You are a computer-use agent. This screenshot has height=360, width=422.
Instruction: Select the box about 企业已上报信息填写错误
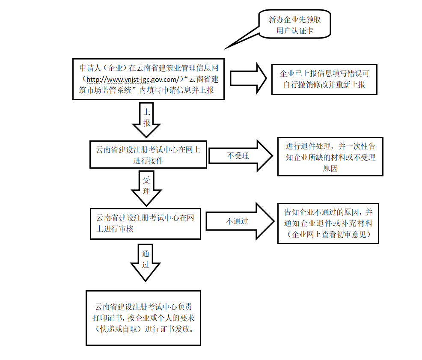click(x=324, y=79)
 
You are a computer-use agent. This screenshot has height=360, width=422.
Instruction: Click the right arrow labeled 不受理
click(x=240, y=156)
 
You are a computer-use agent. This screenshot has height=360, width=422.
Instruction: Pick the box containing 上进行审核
click(x=146, y=223)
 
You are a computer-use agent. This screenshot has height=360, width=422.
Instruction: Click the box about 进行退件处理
click(x=330, y=157)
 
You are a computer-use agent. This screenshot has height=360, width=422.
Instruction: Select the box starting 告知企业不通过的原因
click(x=328, y=223)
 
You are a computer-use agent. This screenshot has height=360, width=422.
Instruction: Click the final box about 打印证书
click(x=143, y=318)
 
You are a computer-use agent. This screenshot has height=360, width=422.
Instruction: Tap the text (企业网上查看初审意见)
click(x=328, y=234)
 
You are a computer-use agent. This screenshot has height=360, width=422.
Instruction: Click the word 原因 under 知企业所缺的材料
click(x=330, y=168)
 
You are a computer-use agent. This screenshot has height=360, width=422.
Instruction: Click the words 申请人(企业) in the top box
click(x=102, y=68)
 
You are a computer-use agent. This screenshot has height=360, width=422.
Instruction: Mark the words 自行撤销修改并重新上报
click(x=324, y=84)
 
